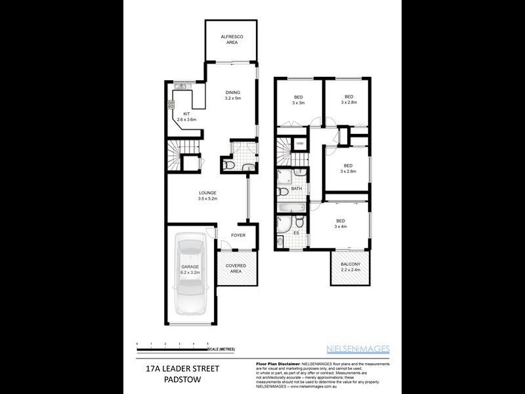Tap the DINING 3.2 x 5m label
[x=233, y=97]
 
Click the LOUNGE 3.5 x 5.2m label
[x=208, y=195]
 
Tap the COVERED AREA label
[x=236, y=269]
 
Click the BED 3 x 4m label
[x=340, y=224]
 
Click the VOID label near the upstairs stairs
[x=300, y=144]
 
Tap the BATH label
[x=297, y=188]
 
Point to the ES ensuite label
[x=296, y=232]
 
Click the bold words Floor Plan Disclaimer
[x=275, y=362]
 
